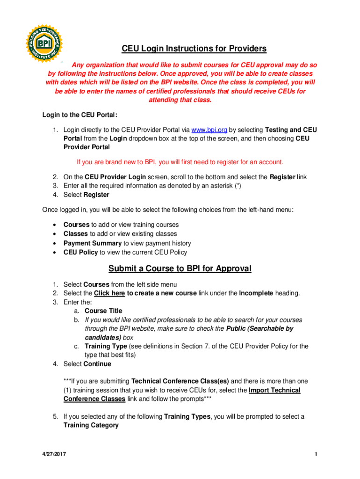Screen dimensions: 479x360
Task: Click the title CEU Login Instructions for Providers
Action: click(x=194, y=49)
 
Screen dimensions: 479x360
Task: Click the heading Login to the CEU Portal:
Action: click(x=79, y=115)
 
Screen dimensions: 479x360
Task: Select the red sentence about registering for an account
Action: click(x=180, y=162)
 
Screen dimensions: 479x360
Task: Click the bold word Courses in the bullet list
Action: click(x=76, y=225)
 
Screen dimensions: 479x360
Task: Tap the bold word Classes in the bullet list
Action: click(x=76, y=234)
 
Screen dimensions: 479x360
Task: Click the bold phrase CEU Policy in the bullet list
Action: click(x=80, y=253)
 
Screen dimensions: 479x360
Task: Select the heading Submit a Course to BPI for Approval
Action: click(x=180, y=269)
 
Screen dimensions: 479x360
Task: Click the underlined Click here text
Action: click(x=109, y=293)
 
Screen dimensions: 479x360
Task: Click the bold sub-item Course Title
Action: click(x=103, y=311)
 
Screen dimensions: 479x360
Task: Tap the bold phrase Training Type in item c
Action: click(x=106, y=346)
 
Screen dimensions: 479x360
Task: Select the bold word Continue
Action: click(x=97, y=364)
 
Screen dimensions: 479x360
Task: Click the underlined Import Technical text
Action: click(x=275, y=390)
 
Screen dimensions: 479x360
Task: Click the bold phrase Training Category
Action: click(x=91, y=426)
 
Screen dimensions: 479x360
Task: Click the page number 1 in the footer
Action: click(x=317, y=455)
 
